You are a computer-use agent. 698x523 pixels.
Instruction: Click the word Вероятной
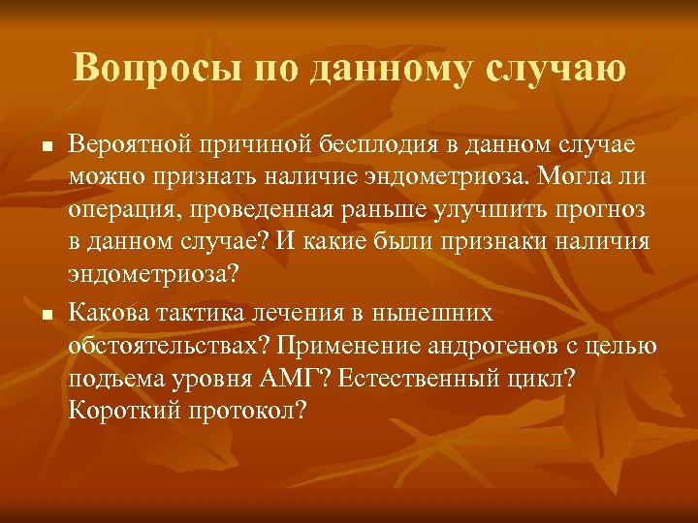(132, 143)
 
